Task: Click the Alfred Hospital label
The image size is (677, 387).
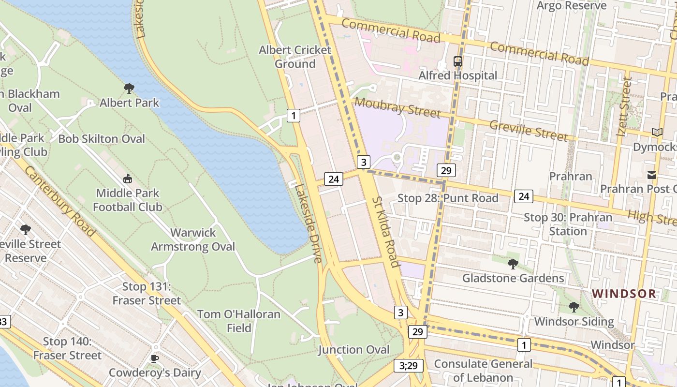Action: tap(457, 75)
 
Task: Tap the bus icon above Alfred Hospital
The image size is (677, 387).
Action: tap(457, 61)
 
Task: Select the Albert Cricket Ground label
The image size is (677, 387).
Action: tap(295, 57)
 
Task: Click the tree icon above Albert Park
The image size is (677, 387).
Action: tap(129, 89)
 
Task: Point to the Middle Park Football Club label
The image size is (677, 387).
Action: tap(128, 200)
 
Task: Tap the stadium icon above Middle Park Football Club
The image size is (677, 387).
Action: tap(128, 179)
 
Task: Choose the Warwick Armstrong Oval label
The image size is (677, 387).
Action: tap(193, 239)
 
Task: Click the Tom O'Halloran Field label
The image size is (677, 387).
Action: tap(239, 321)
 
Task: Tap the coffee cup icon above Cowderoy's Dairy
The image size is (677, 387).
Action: tap(155, 358)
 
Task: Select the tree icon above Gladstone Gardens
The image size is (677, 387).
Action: tap(513, 264)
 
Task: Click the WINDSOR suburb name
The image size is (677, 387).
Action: tap(624, 294)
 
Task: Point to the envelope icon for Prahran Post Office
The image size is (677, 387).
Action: tap(652, 175)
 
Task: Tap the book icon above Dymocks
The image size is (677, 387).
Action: tap(657, 132)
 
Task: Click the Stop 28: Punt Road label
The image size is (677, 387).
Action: tap(448, 198)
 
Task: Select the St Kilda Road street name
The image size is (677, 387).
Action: tap(385, 232)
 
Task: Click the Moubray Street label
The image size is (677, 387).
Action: tap(397, 107)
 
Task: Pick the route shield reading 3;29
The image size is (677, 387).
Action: tap(409, 366)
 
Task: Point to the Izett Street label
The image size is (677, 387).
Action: tap(626, 106)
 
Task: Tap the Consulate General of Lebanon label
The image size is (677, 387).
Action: tap(483, 371)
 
